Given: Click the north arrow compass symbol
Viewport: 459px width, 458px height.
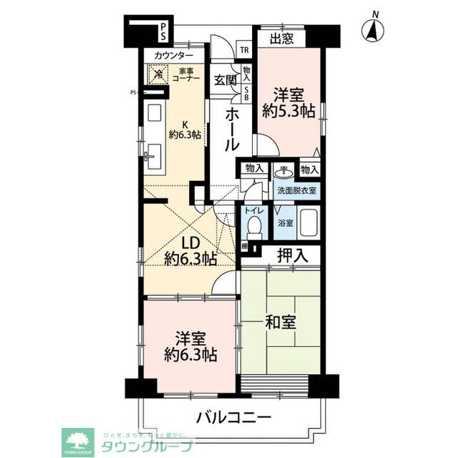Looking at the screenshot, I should pos(373,30).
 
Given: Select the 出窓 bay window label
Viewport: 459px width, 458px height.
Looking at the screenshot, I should pos(281,39).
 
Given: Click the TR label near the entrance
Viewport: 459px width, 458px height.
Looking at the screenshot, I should pos(244,50).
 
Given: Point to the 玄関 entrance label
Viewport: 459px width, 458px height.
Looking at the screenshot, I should pos(224,79).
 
